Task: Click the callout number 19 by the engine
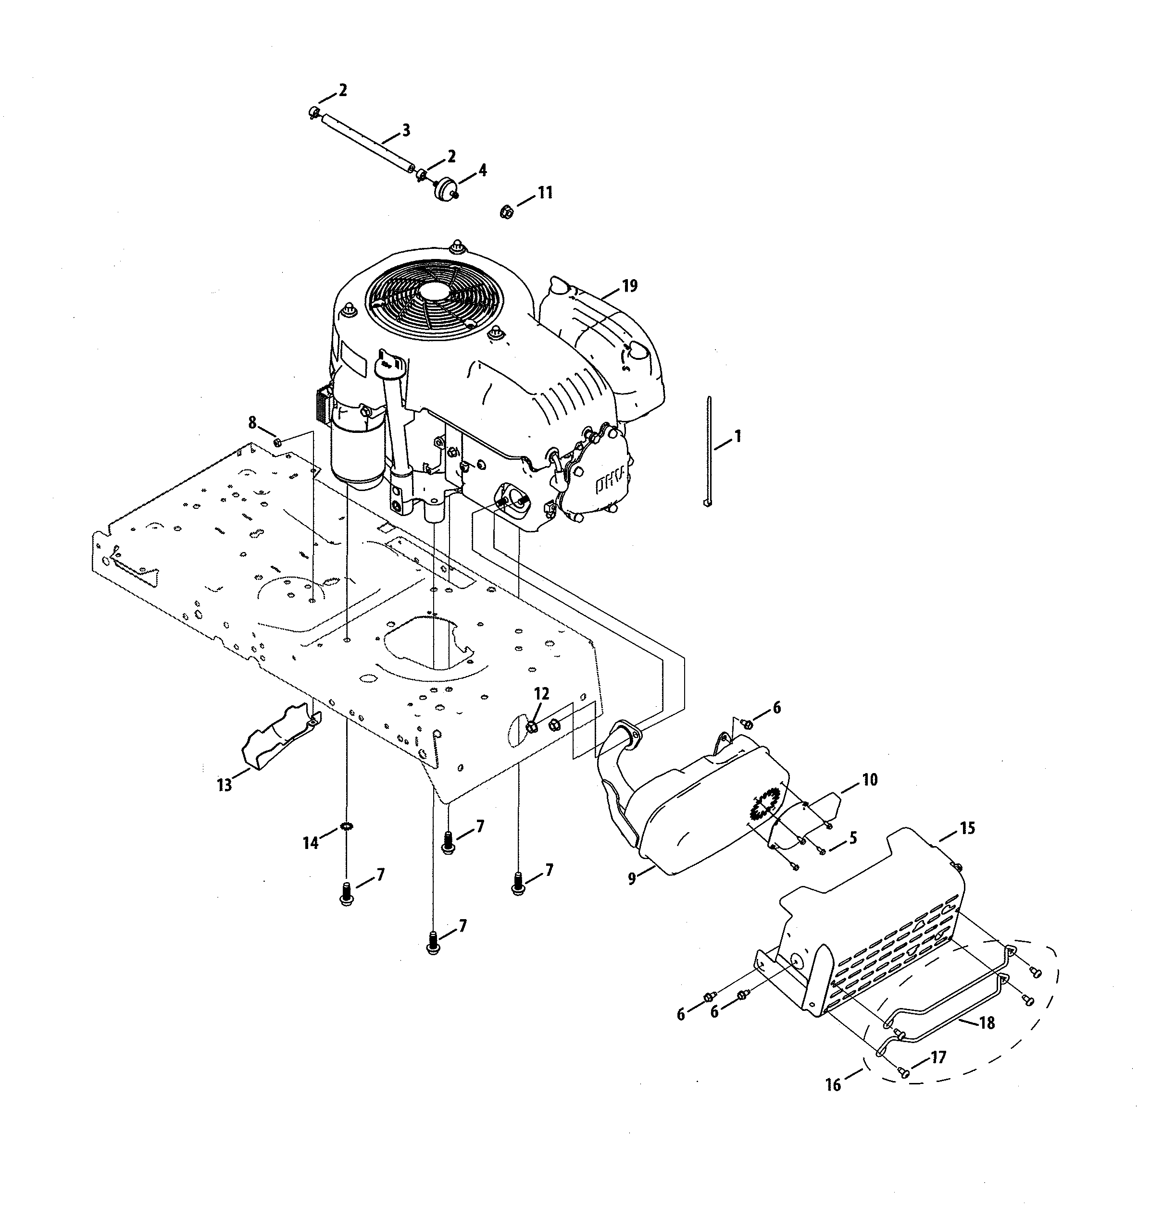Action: (x=629, y=286)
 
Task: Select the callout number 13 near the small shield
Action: (x=225, y=785)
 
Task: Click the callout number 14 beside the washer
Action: (x=311, y=844)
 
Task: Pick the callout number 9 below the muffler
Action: (x=632, y=878)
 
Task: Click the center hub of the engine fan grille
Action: (x=434, y=292)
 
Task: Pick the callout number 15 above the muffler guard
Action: (x=967, y=828)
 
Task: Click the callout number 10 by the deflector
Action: (x=870, y=780)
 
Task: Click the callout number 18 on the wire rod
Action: (x=987, y=1022)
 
